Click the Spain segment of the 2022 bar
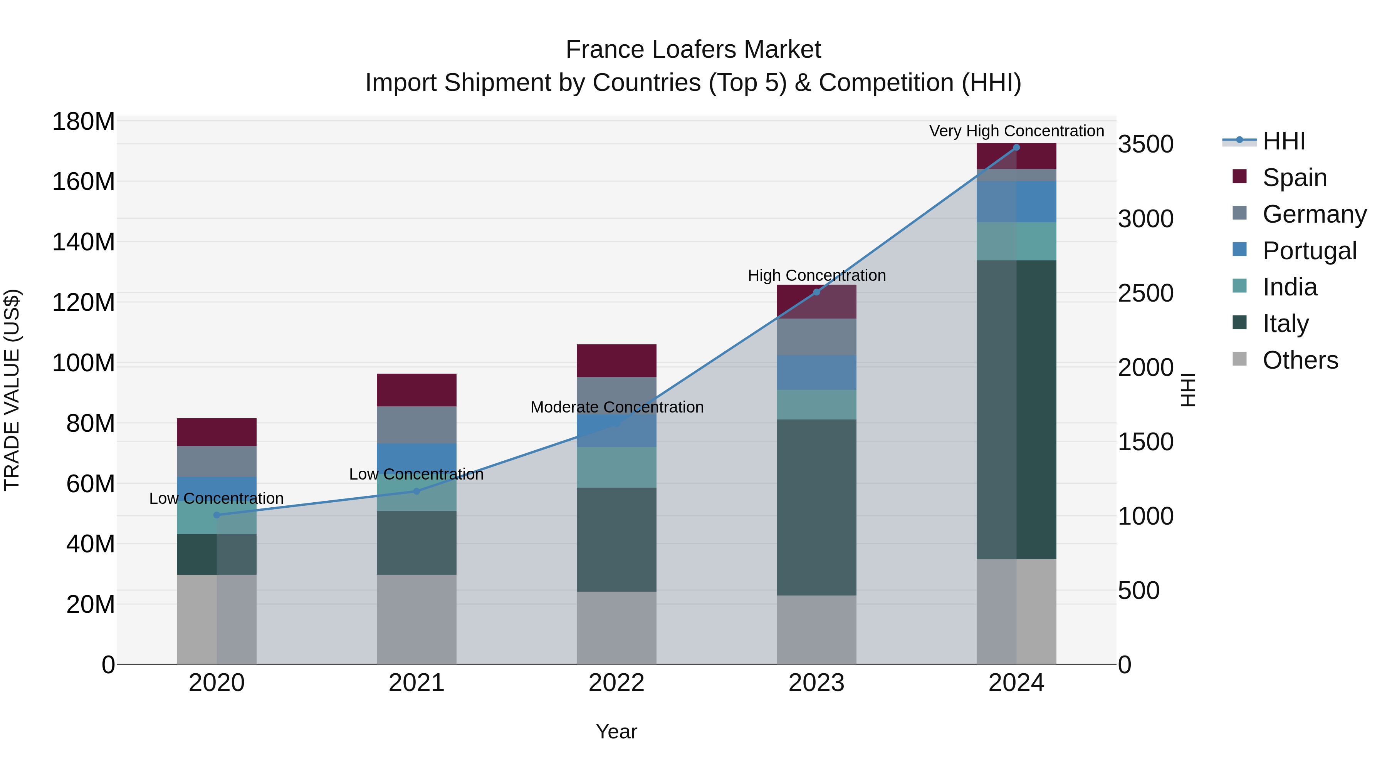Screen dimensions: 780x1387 tap(616, 361)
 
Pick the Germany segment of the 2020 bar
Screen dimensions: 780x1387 tap(217, 461)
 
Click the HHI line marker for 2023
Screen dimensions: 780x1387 tap(816, 292)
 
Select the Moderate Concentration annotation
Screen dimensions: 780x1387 tap(616, 407)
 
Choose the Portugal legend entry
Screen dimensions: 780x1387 tap(1309, 251)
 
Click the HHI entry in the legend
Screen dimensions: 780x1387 tap(1284, 141)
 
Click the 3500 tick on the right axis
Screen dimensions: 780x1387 tap(1146, 144)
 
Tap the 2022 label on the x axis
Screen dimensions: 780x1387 tap(616, 683)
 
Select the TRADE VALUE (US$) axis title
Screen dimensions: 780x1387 tap(12, 390)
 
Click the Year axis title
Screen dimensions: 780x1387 tap(616, 731)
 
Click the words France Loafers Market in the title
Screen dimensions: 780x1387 tap(693, 50)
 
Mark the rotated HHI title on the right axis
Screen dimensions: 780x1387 tap(1187, 390)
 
